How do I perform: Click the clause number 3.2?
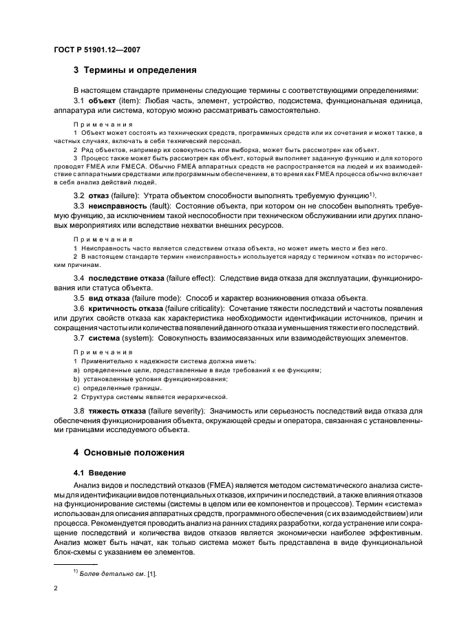click(x=79, y=195)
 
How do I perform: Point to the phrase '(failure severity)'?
click(x=181, y=410)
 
